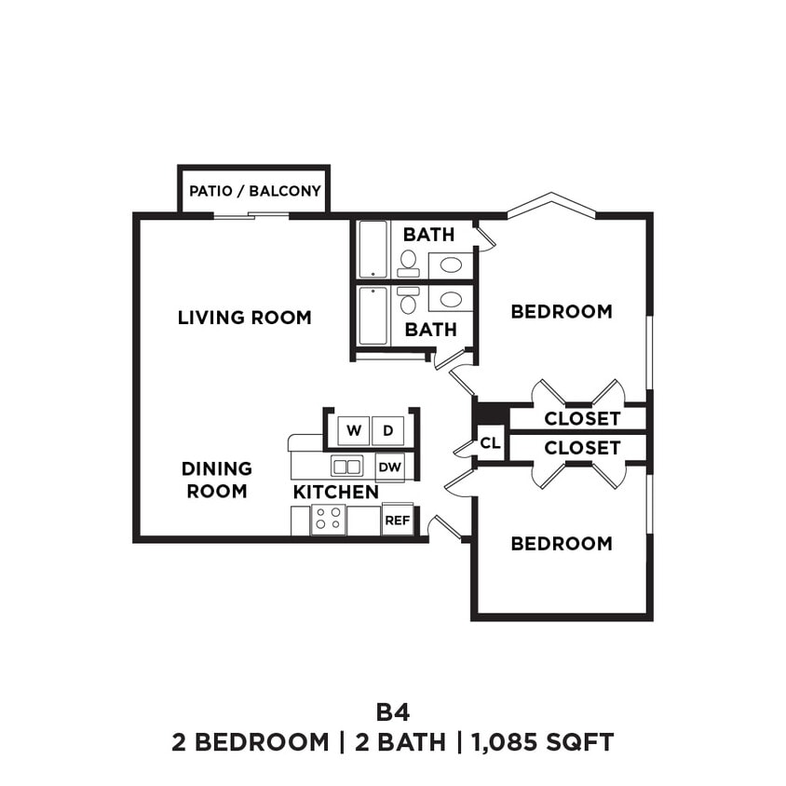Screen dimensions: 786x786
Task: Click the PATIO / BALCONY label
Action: (254, 191)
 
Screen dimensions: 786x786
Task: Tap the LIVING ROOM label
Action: (244, 318)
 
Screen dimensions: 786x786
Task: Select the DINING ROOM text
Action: (217, 480)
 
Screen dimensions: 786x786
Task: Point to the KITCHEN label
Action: (335, 492)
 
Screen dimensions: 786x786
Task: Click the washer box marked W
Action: (354, 430)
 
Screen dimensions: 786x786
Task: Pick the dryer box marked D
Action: (387, 430)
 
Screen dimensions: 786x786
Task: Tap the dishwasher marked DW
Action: (389, 467)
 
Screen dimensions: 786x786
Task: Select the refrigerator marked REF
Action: (397, 521)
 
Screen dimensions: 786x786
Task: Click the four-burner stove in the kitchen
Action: (328, 520)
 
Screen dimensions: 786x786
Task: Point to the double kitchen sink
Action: (347, 467)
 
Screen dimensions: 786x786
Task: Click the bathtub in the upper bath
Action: (373, 249)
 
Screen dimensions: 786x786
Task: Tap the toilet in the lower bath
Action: (408, 301)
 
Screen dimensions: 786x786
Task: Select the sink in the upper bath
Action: (451, 264)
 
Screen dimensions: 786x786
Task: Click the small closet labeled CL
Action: (490, 444)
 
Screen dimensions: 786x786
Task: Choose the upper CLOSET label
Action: (582, 418)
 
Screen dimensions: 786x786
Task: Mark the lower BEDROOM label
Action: (562, 544)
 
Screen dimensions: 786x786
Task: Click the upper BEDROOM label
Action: (562, 312)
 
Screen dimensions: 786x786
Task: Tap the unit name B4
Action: (392, 711)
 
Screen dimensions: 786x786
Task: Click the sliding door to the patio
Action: (251, 216)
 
